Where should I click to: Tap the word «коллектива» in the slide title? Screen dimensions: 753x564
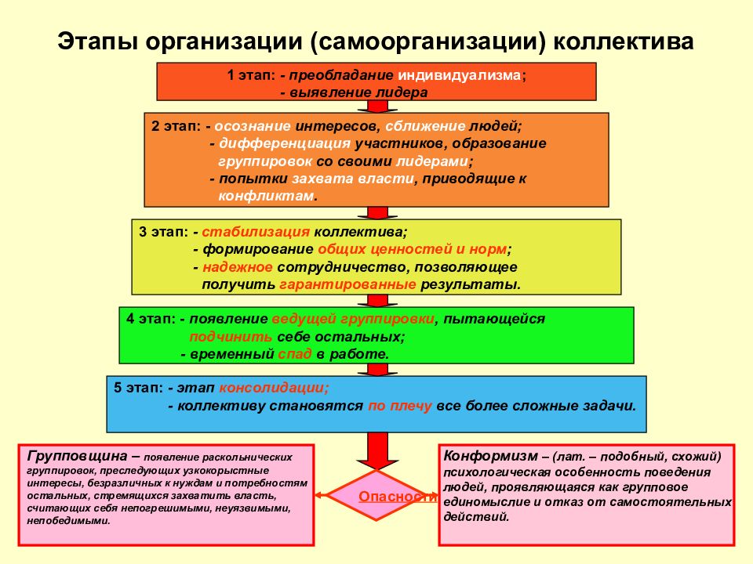(x=624, y=42)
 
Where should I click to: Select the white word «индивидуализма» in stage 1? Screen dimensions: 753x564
(x=460, y=75)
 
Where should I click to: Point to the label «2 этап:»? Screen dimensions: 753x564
(x=176, y=125)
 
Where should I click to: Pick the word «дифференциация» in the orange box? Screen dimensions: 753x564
(x=285, y=143)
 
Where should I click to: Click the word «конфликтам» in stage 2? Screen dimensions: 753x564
(x=266, y=196)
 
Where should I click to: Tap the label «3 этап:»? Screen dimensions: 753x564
(x=163, y=232)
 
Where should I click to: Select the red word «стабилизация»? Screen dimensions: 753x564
(x=256, y=232)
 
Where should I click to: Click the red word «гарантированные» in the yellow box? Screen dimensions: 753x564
(x=347, y=284)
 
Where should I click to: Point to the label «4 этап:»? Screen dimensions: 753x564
(x=151, y=319)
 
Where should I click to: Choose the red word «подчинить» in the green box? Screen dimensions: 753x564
(x=231, y=337)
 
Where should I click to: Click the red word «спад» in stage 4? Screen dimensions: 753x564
(x=295, y=354)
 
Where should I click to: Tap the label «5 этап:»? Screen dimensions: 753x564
(x=138, y=388)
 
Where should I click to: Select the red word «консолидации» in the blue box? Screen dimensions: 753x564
(x=275, y=388)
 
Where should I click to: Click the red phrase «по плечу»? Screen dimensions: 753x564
(x=400, y=406)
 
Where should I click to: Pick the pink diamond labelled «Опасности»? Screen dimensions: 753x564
(x=376, y=495)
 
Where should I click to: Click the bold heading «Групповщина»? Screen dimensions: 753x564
(x=78, y=456)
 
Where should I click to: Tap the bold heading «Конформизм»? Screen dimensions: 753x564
(x=490, y=456)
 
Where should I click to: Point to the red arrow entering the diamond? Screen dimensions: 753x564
(x=377, y=451)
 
